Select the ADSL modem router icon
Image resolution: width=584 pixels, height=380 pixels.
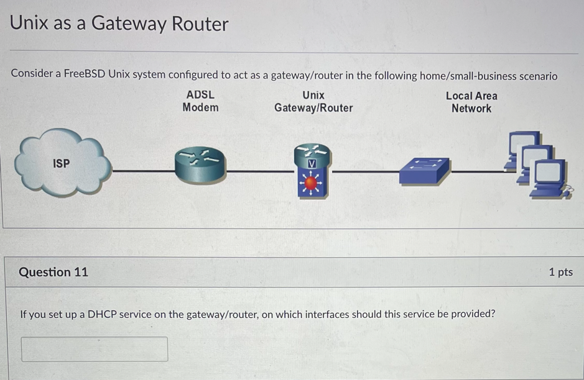(200, 166)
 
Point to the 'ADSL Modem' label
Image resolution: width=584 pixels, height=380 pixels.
(200, 101)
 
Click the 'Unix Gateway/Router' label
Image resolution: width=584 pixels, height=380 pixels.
(313, 102)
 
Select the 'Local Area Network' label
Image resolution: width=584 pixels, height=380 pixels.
(471, 102)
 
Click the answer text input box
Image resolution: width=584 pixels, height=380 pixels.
(95, 349)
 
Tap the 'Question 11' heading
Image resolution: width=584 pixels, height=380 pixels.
(53, 272)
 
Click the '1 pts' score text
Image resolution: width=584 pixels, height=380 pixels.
(560, 272)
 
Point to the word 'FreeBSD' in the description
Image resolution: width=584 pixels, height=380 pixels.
(84, 75)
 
